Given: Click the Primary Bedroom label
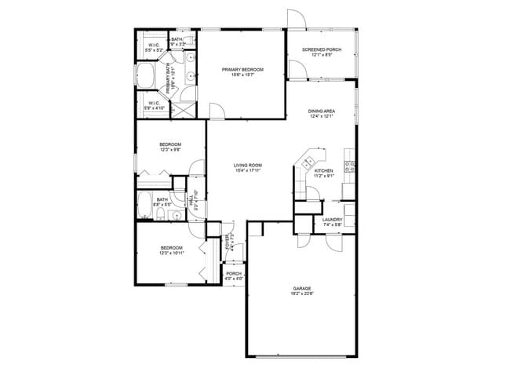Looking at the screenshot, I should pyautogui.click(x=242, y=70).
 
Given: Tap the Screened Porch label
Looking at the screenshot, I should pyautogui.click(x=322, y=49).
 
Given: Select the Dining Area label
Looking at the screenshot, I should pyautogui.click(x=322, y=111).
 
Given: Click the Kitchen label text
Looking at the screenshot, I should pyautogui.click(x=324, y=170).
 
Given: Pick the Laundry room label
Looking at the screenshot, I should pyautogui.click(x=332, y=220).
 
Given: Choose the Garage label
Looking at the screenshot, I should pyautogui.click(x=302, y=289).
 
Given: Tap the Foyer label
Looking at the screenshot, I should pyautogui.click(x=228, y=241).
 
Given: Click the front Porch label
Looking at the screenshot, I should pyautogui.click(x=234, y=274).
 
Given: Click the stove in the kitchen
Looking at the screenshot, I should pyautogui.click(x=350, y=166).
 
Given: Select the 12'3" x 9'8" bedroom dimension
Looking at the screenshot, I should pyautogui.click(x=170, y=150).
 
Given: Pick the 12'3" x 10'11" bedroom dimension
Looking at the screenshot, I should pyautogui.click(x=170, y=253).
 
